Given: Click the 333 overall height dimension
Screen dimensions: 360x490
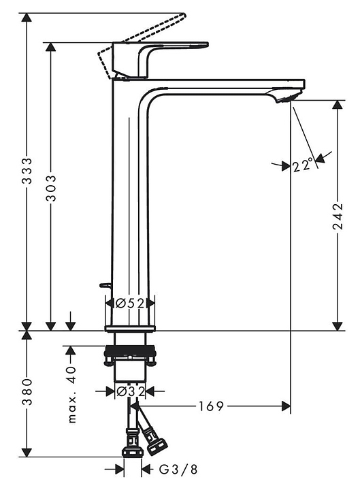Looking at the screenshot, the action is coord(27,171).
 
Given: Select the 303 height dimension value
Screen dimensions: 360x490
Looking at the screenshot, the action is coord(51,188).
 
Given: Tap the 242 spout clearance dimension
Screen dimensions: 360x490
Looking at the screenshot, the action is coord(337,216).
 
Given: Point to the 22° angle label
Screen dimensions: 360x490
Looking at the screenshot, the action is coord(303,165).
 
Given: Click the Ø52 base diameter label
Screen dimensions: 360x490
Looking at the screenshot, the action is coord(130,303).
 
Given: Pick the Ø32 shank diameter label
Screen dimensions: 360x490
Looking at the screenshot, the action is coord(130,391).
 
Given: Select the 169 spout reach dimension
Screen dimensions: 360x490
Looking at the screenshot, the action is coord(211,406).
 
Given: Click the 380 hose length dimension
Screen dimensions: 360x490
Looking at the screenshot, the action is coord(27,391).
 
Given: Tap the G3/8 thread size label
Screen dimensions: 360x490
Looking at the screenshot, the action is coord(178,469).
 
